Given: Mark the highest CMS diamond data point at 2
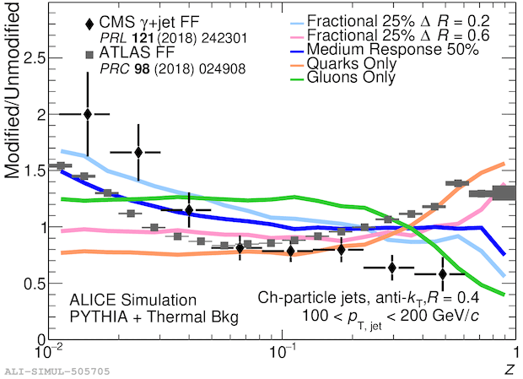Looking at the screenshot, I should coord(88,114).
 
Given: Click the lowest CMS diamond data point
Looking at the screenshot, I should coord(442,273).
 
